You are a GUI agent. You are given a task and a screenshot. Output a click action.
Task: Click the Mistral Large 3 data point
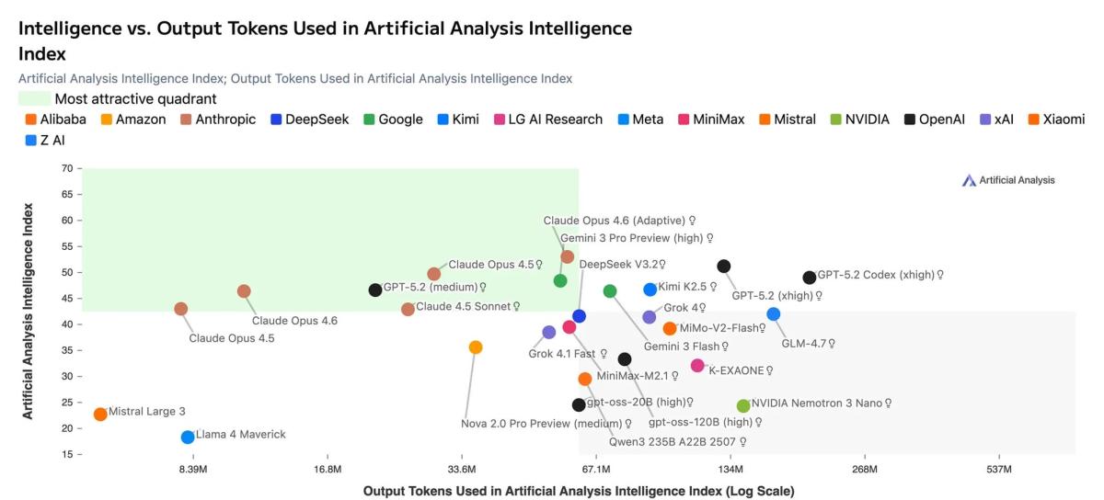pyautogui.click(x=100, y=414)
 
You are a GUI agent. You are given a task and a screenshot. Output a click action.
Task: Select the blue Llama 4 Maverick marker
pyautogui.click(x=188, y=437)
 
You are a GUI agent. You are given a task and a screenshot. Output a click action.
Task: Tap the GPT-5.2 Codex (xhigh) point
pyautogui.click(x=810, y=278)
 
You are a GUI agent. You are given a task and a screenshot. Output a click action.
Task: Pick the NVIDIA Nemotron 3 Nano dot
pyautogui.click(x=743, y=405)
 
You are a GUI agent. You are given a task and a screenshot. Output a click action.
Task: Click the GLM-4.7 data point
pyautogui.click(x=774, y=314)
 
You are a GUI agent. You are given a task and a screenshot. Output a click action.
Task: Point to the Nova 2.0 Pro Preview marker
pyautogui.click(x=476, y=347)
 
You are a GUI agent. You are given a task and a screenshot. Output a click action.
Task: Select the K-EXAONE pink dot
pyautogui.click(x=697, y=366)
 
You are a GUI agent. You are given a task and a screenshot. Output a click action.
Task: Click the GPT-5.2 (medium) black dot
pyautogui.click(x=375, y=290)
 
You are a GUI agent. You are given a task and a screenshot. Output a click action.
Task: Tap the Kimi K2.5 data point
pyautogui.click(x=650, y=290)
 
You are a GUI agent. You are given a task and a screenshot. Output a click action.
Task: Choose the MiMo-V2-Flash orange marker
pyautogui.click(x=670, y=328)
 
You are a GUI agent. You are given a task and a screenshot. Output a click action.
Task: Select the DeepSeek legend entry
pyautogui.click(x=309, y=119)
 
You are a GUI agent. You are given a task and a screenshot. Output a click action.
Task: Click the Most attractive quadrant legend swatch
pyautogui.click(x=34, y=99)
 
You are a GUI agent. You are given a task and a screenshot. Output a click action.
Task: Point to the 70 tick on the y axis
pyautogui.click(x=65, y=168)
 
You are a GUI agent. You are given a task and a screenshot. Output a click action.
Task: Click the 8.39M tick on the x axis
pyautogui.click(x=193, y=470)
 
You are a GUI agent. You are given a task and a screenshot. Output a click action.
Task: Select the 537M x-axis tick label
pyautogui.click(x=999, y=470)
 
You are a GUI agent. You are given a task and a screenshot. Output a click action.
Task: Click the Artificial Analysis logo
pyautogui.click(x=1008, y=180)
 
